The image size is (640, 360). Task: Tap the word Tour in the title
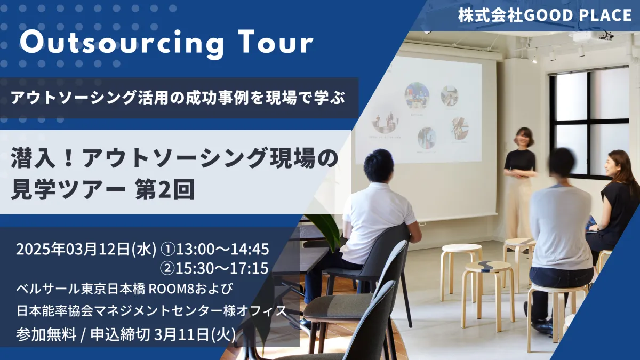point(275,42)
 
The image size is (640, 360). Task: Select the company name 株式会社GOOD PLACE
point(545,15)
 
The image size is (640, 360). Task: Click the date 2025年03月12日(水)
point(86,249)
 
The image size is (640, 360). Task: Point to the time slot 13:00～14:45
point(222,249)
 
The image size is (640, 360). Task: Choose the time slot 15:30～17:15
point(222,268)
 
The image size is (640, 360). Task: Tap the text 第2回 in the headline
point(165,189)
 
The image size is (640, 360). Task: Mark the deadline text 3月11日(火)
point(195,334)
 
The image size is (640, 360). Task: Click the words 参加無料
point(46,334)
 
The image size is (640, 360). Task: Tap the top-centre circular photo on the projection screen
point(417,95)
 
